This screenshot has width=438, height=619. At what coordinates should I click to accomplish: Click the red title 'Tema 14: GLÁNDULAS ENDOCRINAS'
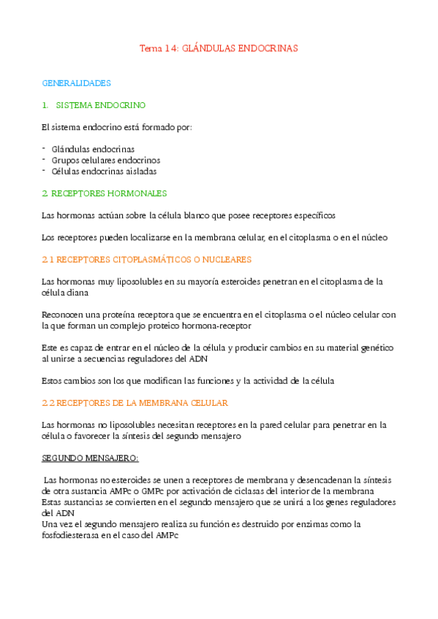tap(219, 48)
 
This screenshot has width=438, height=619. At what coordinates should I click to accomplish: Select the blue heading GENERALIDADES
tap(76, 83)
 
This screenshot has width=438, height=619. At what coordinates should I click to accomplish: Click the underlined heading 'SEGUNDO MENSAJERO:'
tap(90, 458)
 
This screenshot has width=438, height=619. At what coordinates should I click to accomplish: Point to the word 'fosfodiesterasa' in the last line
tap(70, 535)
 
